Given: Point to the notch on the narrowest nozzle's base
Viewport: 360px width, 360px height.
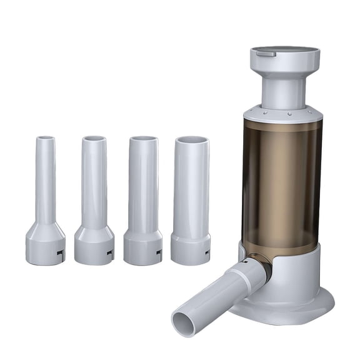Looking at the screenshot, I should pyautogui.click(x=60, y=252).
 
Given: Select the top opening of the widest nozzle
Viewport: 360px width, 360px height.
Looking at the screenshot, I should pyautogui.click(x=191, y=140).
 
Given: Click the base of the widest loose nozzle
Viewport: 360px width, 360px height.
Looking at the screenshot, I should pyautogui.click(x=191, y=249).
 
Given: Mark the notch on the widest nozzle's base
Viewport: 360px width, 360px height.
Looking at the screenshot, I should pyautogui.click(x=207, y=251).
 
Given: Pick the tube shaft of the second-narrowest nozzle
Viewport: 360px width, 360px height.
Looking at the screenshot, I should pyautogui.click(x=94, y=181).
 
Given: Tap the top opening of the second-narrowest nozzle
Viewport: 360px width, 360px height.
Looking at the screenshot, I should pyautogui.click(x=94, y=138).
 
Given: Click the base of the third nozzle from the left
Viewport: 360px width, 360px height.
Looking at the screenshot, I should pyautogui.click(x=143, y=247).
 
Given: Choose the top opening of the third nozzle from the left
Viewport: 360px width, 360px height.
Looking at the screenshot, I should pyautogui.click(x=143, y=139).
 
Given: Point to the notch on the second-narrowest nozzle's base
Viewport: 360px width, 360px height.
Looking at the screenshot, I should pyautogui.click(x=110, y=252).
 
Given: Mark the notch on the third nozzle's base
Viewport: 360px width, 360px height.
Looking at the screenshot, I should pyautogui.click(x=159, y=252).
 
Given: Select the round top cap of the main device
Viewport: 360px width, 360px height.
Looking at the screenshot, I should pyautogui.click(x=285, y=57).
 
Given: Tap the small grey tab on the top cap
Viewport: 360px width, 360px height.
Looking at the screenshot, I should pyautogui.click(x=266, y=54).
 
